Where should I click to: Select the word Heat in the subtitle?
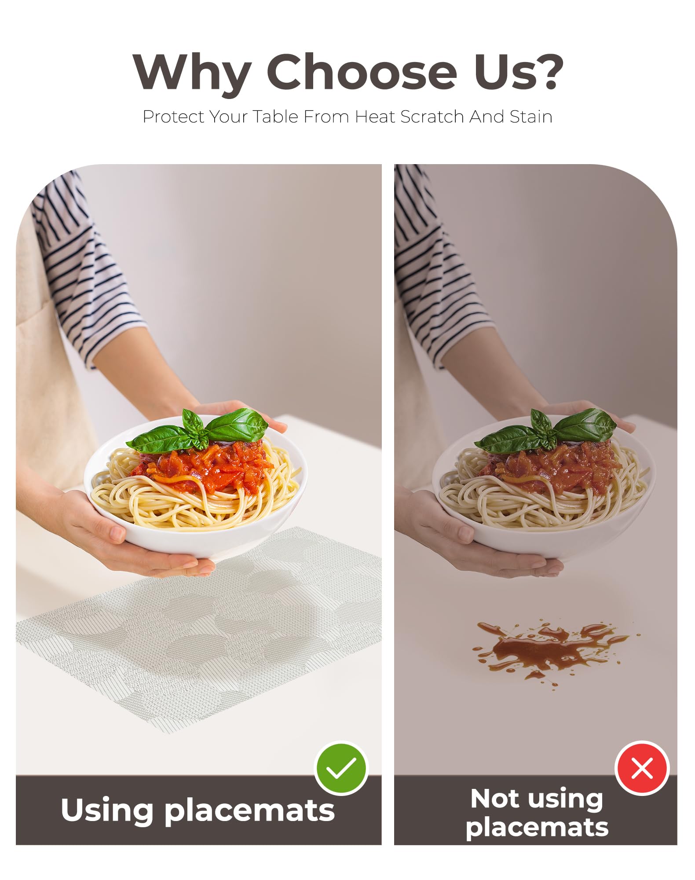(x=375, y=117)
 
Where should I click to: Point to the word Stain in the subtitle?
(x=531, y=117)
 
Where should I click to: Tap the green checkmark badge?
(x=341, y=769)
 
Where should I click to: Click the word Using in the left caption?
(x=107, y=810)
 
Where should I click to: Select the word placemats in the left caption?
(x=250, y=812)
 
